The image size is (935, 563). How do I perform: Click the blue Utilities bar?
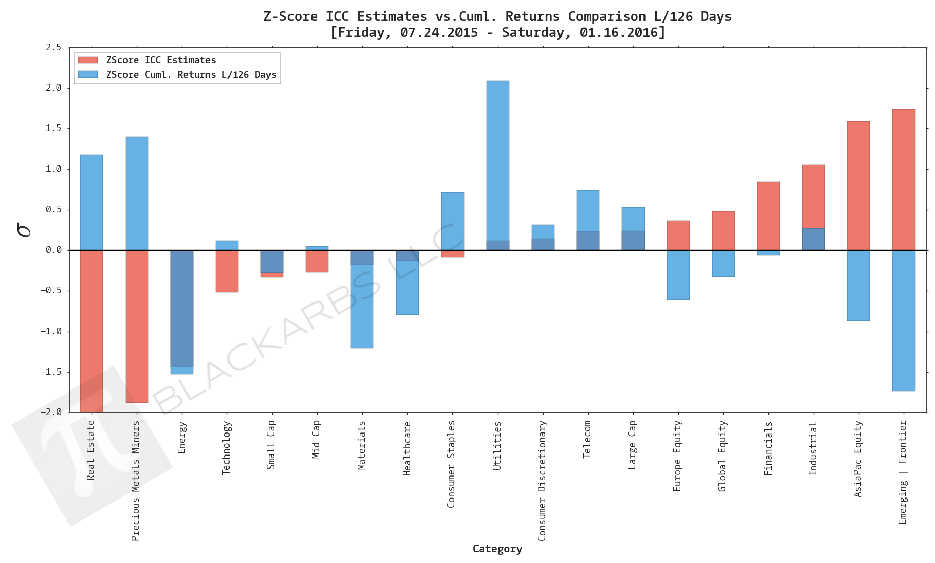tap(497, 159)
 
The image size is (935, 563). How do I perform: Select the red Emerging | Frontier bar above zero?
tap(903, 179)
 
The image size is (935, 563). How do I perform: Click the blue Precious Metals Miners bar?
tap(137, 193)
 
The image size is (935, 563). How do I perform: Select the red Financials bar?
tap(768, 215)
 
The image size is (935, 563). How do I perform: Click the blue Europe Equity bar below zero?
tap(678, 275)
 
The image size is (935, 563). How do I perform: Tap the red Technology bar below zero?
tap(227, 271)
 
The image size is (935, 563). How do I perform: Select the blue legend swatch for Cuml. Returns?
tap(88, 75)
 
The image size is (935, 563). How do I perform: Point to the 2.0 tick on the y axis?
tap(53, 88)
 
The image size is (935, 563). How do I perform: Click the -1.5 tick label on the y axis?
tap(51, 372)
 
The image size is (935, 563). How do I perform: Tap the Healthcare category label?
tap(407, 448)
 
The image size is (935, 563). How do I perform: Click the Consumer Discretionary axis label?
tap(542, 481)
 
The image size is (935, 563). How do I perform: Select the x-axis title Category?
tap(497, 549)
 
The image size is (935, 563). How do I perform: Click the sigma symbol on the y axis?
tap(24, 230)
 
